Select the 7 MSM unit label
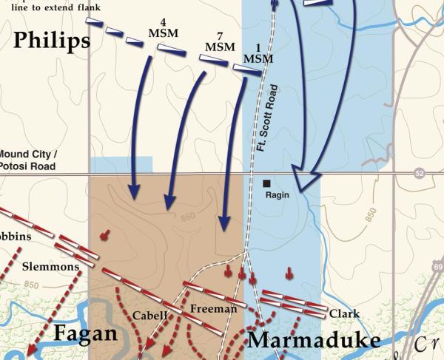(215, 42)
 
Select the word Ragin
(277, 195)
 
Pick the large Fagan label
(85, 334)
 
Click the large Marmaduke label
(313, 340)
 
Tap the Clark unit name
(344, 313)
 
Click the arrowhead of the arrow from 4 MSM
(133, 192)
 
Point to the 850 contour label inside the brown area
(188, 218)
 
